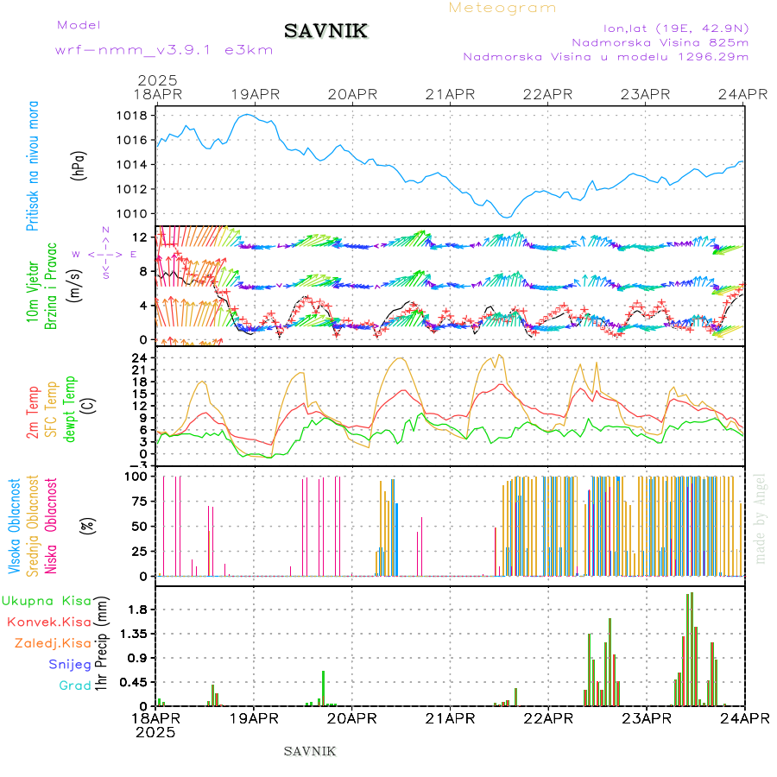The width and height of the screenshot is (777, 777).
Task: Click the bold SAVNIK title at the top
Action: coord(326,32)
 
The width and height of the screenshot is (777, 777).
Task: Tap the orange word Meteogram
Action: coord(502,8)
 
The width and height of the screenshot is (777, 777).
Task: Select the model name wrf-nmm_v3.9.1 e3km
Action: coord(164,50)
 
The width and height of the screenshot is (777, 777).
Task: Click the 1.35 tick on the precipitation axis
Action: coord(130,633)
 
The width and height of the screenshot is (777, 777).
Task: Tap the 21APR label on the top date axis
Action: coord(450,94)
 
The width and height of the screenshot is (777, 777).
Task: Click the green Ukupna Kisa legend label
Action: coord(47,600)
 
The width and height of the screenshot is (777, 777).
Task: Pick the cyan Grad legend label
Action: coord(75,686)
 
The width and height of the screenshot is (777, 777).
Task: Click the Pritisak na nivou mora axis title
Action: coord(33,166)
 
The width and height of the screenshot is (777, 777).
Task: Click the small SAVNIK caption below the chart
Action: coord(310,751)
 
